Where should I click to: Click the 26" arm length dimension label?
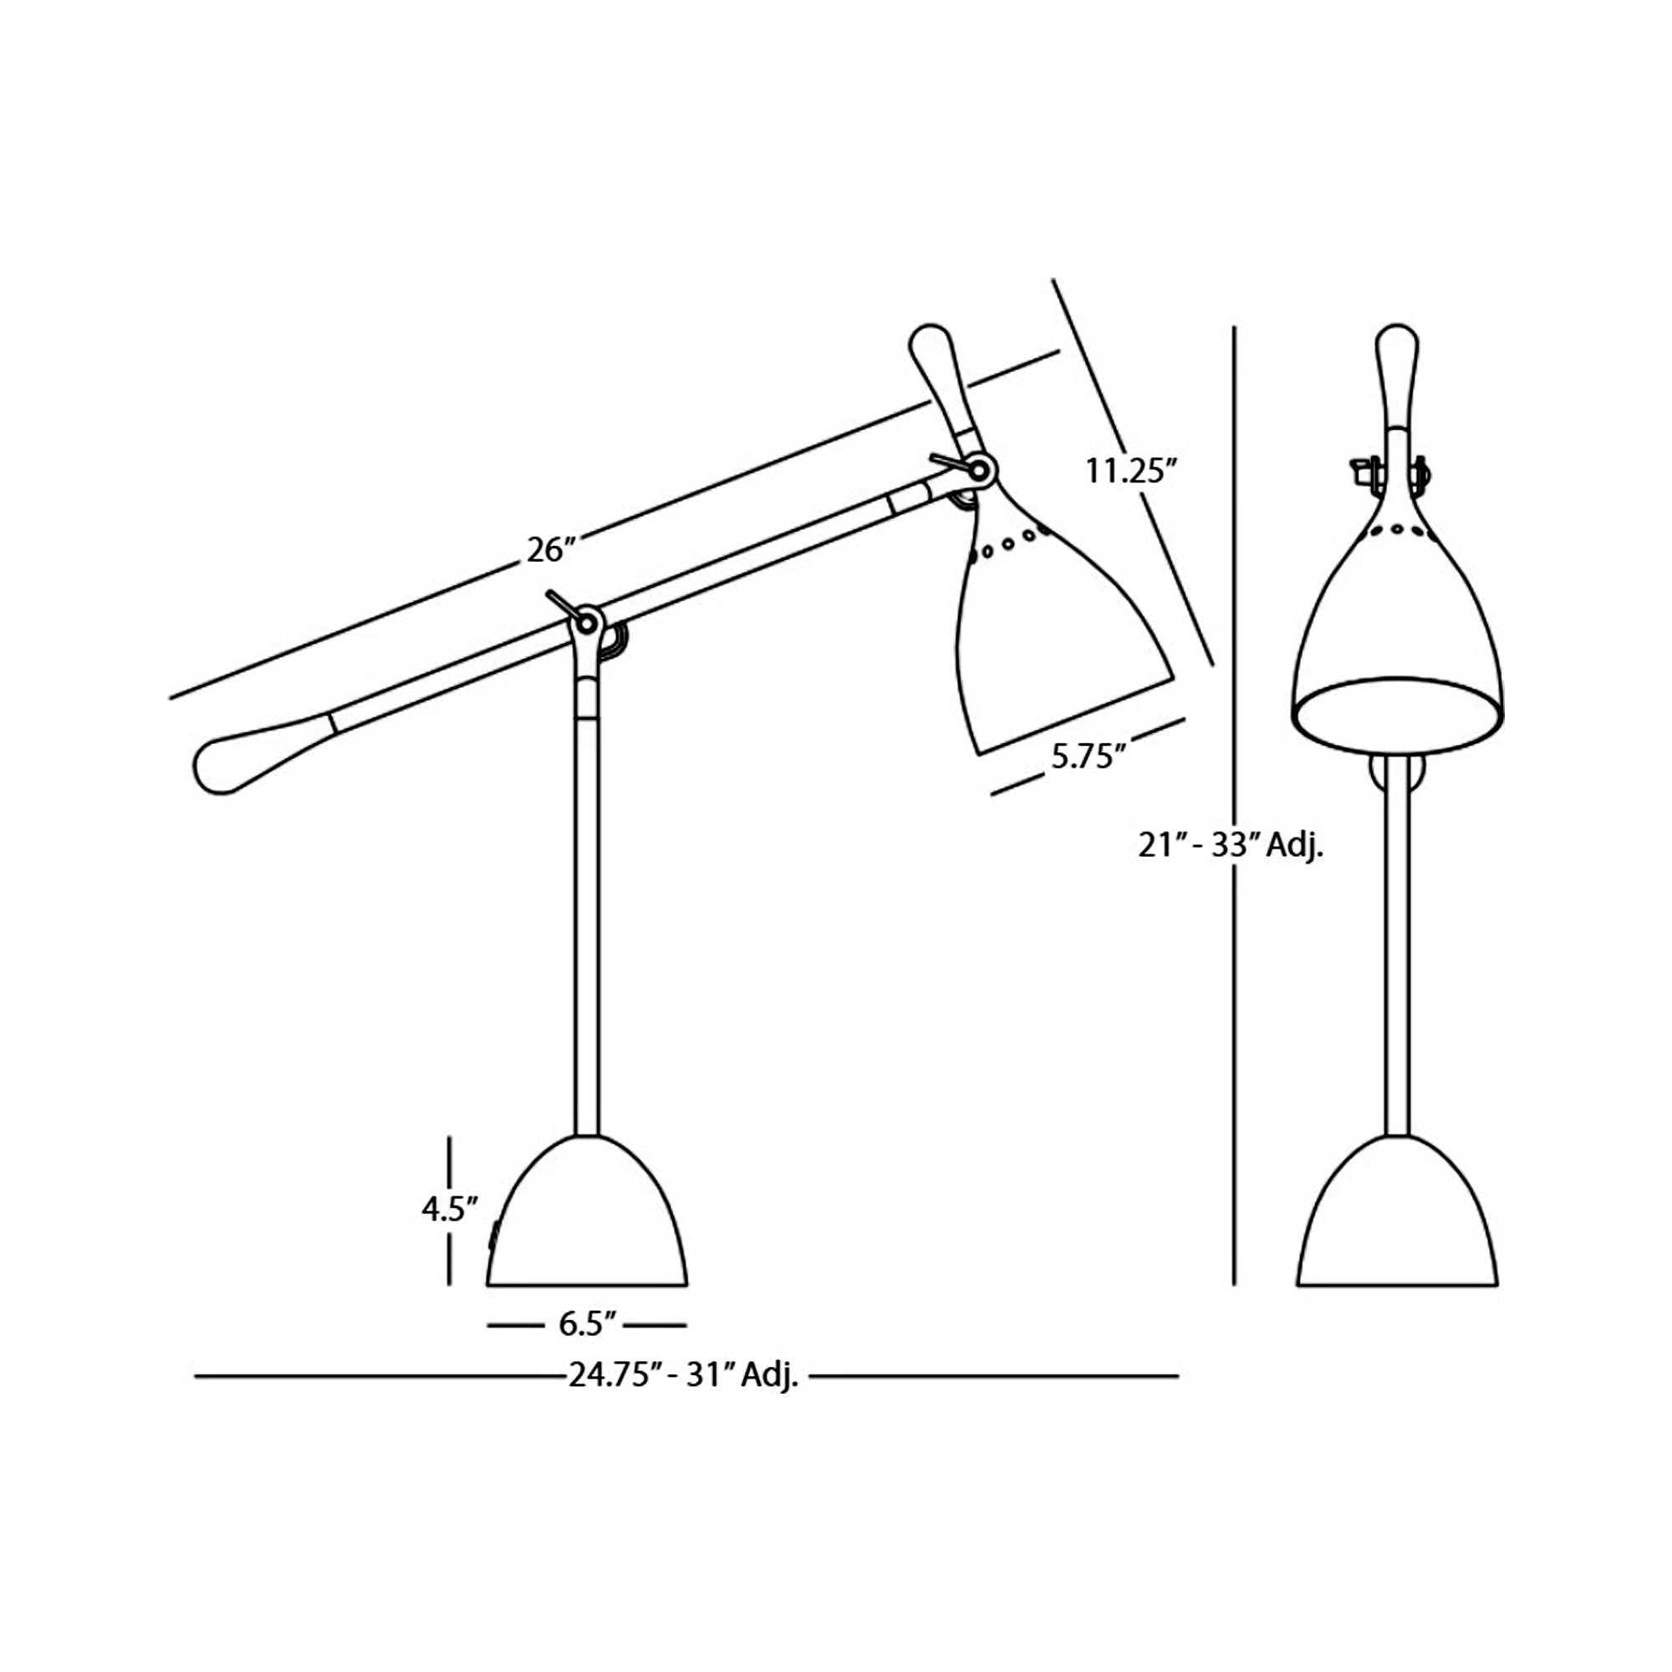click(550, 549)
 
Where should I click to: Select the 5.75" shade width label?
click(1087, 757)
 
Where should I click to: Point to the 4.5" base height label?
click(450, 1209)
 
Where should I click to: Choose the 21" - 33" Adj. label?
click(1230, 846)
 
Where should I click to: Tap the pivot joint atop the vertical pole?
click(589, 621)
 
